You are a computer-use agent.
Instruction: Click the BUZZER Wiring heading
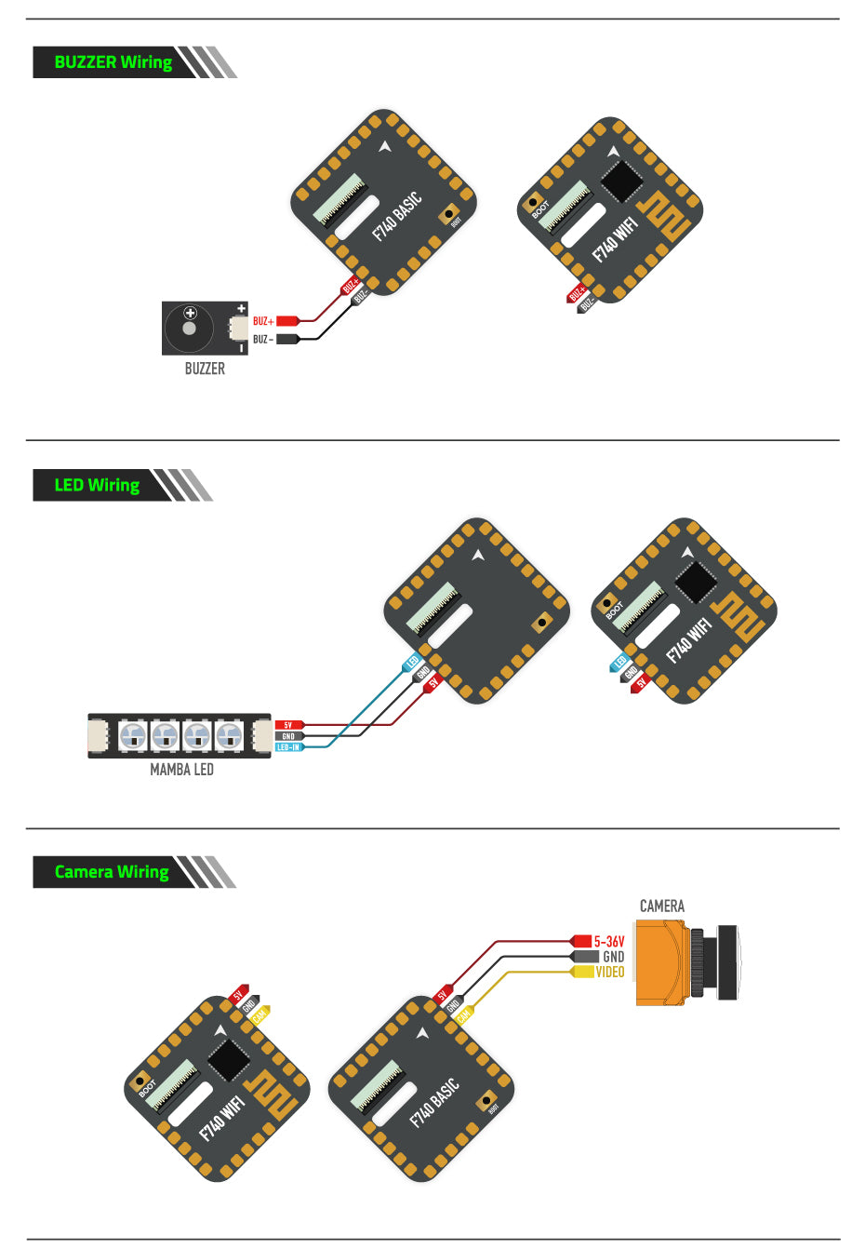coord(113,62)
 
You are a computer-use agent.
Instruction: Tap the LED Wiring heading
coord(97,485)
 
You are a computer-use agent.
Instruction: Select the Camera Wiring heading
coord(112,872)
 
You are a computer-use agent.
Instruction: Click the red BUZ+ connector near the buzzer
coord(287,321)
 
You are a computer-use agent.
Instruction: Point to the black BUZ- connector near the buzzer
coord(287,339)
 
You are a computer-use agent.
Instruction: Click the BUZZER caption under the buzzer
coord(205,369)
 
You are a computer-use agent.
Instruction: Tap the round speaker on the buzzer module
coord(190,328)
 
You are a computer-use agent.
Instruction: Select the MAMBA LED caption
coord(181,770)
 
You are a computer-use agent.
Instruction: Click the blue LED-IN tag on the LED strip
coord(289,747)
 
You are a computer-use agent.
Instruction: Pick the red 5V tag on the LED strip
coord(288,725)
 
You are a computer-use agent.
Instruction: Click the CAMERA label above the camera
coord(661,906)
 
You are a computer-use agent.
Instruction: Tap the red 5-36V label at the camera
coord(609,942)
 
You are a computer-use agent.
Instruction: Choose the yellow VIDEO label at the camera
coord(610,972)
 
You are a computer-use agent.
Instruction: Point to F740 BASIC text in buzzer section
coord(397,216)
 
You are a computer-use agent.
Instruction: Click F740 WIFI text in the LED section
coord(689,639)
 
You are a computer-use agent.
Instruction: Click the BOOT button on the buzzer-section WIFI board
coord(534,201)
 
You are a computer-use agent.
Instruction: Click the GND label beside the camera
coord(613,957)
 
